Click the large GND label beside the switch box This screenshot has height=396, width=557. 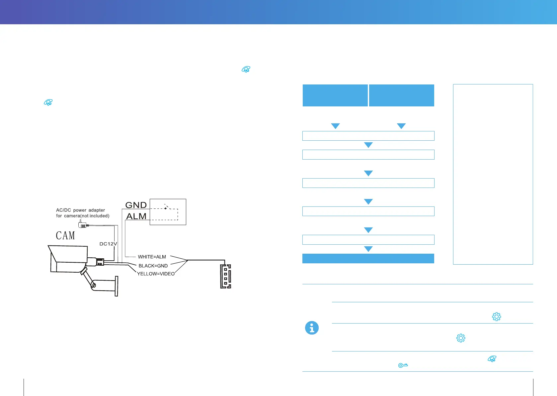(136, 205)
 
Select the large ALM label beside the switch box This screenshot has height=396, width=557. (136, 216)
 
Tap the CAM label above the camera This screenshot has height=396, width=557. (65, 235)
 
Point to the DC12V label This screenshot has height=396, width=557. (108, 244)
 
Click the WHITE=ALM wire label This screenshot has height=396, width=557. (152, 257)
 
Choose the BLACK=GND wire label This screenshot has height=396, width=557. (153, 266)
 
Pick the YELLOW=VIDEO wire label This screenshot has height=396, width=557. (156, 274)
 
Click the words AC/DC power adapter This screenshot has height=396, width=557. (80, 210)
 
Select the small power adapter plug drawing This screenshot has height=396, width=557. (83, 225)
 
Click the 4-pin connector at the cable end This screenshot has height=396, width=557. (226, 276)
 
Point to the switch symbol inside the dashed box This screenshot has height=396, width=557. (167, 207)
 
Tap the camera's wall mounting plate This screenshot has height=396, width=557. (116, 286)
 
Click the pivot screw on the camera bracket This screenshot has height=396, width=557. (94, 285)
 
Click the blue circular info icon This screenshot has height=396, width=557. (312, 328)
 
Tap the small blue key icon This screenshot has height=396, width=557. (403, 365)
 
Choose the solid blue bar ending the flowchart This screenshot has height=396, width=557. (368, 258)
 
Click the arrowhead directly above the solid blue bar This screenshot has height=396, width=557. (368, 249)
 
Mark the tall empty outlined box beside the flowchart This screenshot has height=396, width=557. (493, 174)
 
